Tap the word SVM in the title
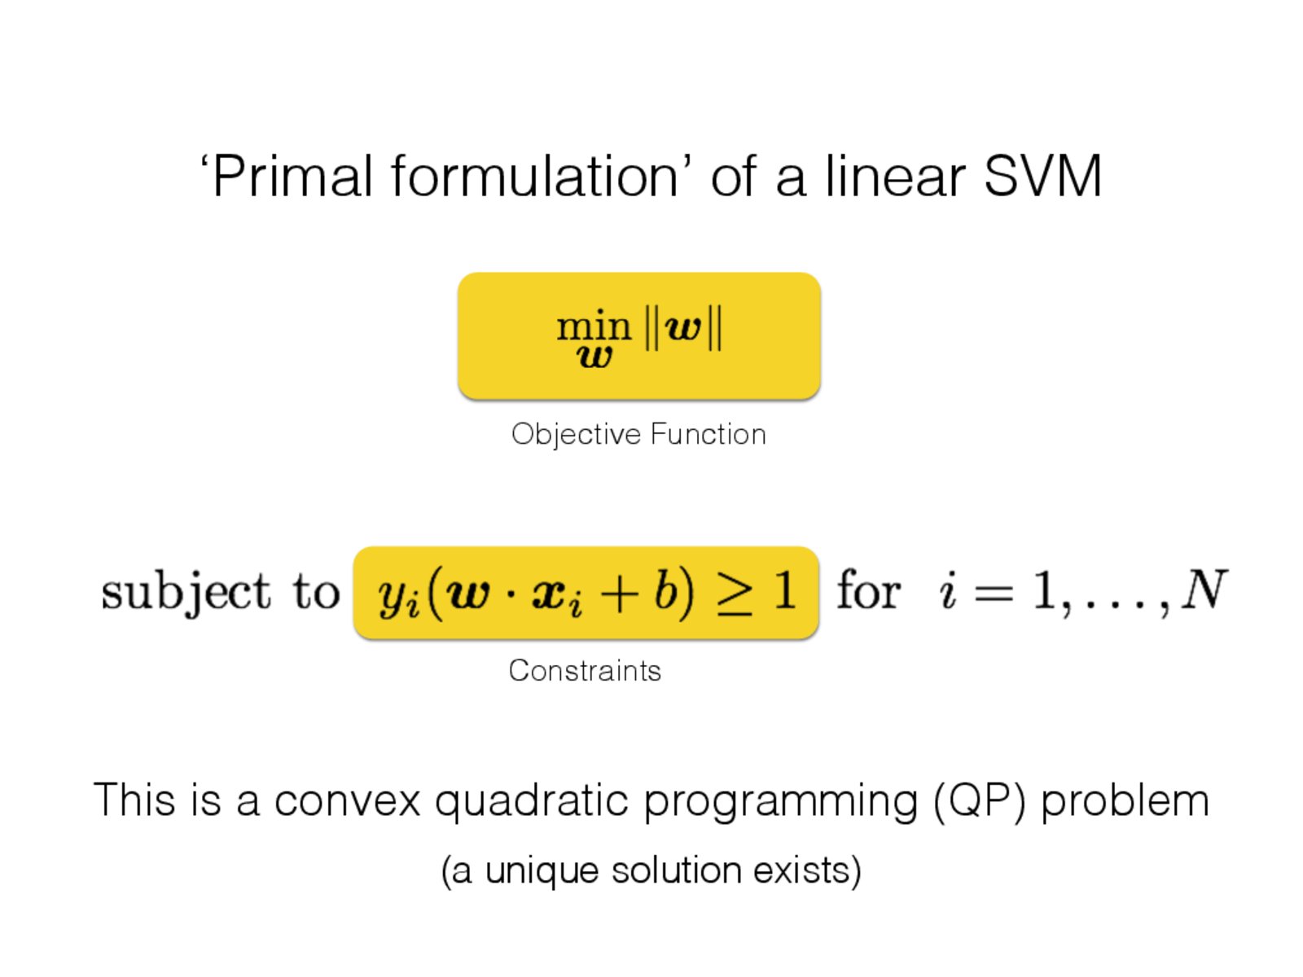(1042, 176)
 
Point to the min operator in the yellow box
(594, 325)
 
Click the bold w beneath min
(594, 357)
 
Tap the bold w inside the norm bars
(683, 328)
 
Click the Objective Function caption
(638, 434)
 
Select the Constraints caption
(585, 671)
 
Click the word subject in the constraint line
(186, 593)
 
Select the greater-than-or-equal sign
(735, 594)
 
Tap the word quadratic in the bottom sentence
(531, 802)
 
